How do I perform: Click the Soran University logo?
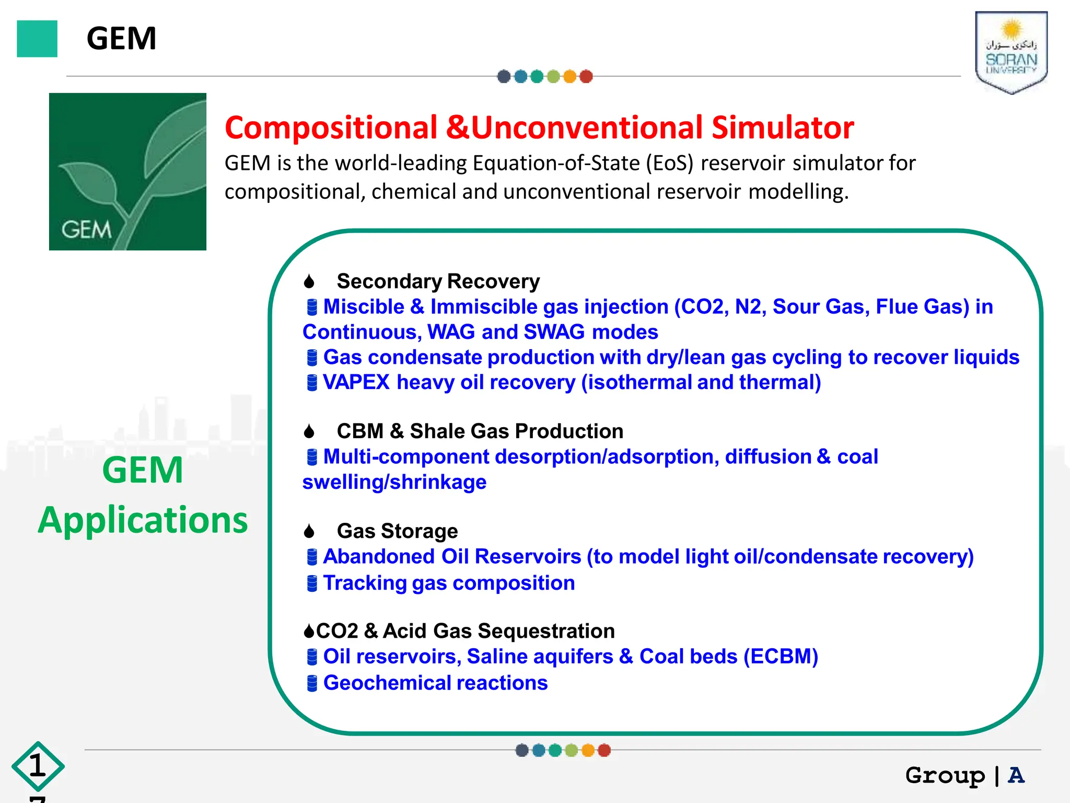[x=1011, y=52]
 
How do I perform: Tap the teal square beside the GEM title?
[x=37, y=39]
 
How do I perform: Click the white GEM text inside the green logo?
[x=86, y=230]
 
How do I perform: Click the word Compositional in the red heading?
[x=331, y=128]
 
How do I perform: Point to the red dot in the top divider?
[x=586, y=77]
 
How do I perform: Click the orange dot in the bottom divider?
[x=588, y=750]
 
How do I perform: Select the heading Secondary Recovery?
[x=438, y=281]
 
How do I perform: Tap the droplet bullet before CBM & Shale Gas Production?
[x=309, y=431]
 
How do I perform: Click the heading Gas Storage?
[x=397, y=531]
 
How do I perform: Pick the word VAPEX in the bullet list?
[x=356, y=382]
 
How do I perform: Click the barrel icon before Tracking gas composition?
[x=312, y=583]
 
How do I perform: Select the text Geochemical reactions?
[x=435, y=683]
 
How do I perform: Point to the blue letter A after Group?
[x=1016, y=775]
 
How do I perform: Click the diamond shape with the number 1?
[x=38, y=766]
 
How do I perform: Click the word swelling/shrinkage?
[x=394, y=482]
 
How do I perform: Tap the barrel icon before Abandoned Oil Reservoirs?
[x=312, y=557]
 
